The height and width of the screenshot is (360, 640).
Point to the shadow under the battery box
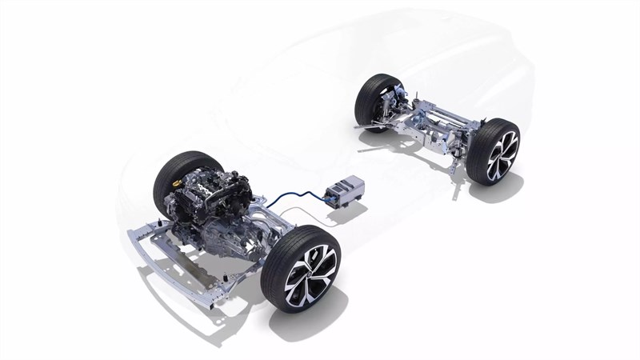coord(352,213)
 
